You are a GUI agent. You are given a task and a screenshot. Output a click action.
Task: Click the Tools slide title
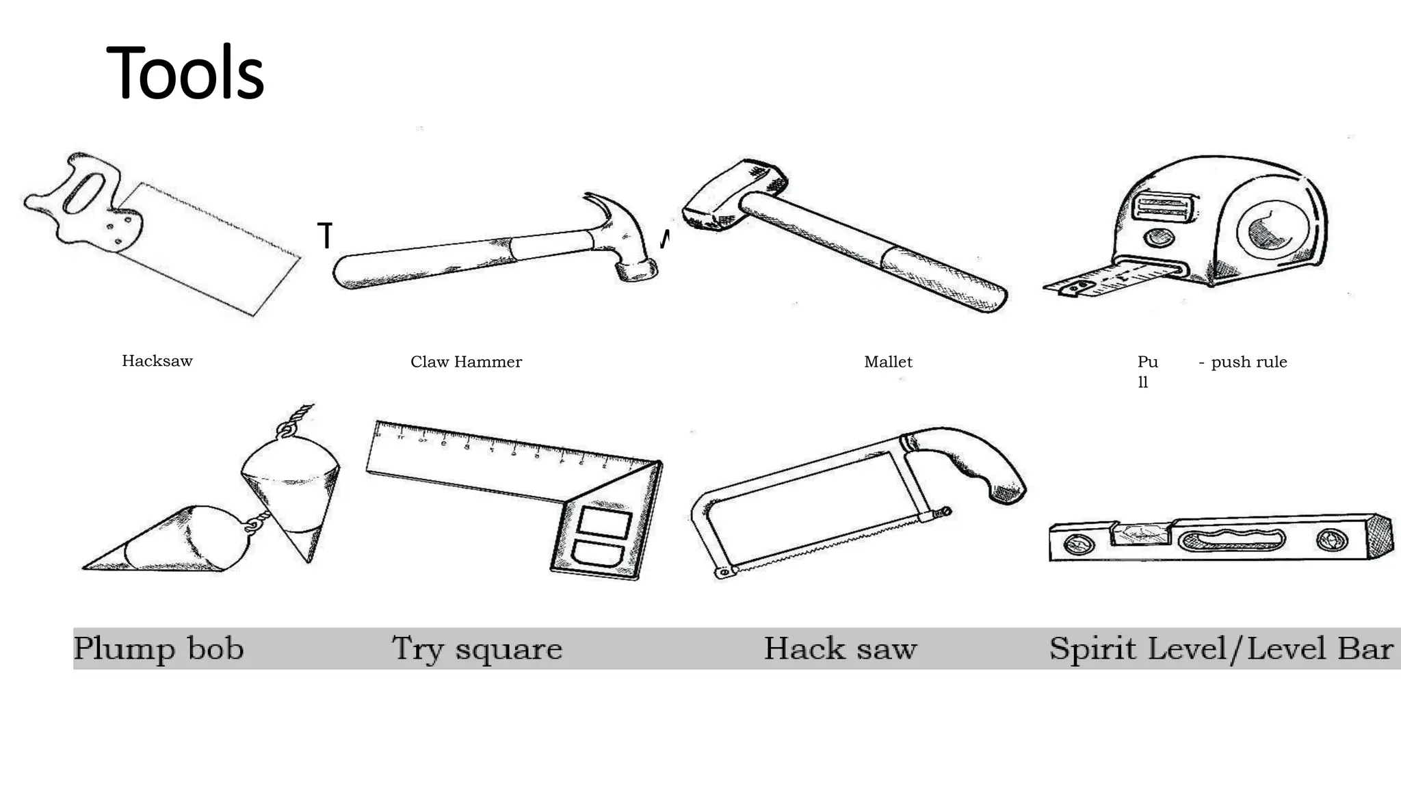185,73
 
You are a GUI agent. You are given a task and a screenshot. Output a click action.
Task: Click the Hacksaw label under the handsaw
157,361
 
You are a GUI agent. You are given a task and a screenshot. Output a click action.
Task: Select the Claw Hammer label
466,362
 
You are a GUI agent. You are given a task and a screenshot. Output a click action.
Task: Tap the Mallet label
888,362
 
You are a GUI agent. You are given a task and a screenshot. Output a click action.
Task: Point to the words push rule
1248,362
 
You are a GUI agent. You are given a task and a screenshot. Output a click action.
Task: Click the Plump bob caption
159,648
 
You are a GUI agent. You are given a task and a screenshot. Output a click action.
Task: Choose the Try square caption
477,648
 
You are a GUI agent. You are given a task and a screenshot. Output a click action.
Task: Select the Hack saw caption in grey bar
840,648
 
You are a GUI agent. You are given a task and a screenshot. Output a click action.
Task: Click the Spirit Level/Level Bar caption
1220,648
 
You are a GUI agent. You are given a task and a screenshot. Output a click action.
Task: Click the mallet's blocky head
731,195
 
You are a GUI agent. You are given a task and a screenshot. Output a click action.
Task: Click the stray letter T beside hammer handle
325,236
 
